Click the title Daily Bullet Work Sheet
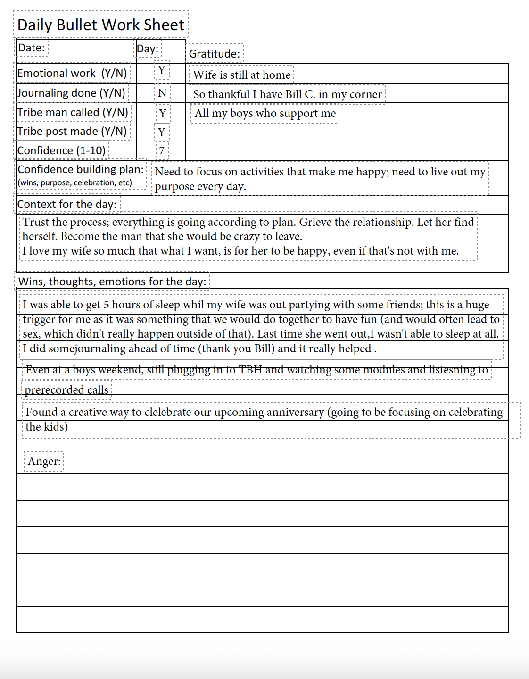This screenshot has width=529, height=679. tap(100, 25)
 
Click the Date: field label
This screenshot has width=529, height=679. tap(31, 48)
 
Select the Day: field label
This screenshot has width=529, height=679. tap(148, 49)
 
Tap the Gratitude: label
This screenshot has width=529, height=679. tap(214, 54)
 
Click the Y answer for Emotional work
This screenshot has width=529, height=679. tap(162, 70)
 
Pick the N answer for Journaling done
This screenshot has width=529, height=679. tap(162, 93)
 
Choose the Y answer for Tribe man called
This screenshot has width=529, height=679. tap(163, 113)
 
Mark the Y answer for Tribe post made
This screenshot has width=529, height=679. tap(162, 132)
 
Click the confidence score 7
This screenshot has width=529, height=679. tap(162, 150)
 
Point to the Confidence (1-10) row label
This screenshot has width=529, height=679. tap(61, 150)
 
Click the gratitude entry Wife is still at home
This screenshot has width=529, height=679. tap(241, 75)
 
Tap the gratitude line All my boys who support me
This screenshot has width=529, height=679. tap(265, 113)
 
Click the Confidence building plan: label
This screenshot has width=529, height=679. tap(81, 169)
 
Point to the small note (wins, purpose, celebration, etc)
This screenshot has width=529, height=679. tap(74, 183)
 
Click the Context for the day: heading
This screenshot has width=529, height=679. tap(66, 204)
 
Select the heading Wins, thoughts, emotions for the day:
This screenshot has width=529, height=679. tap(112, 282)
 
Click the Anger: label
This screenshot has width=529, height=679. tap(44, 461)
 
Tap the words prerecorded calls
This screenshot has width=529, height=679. tap(66, 390)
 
